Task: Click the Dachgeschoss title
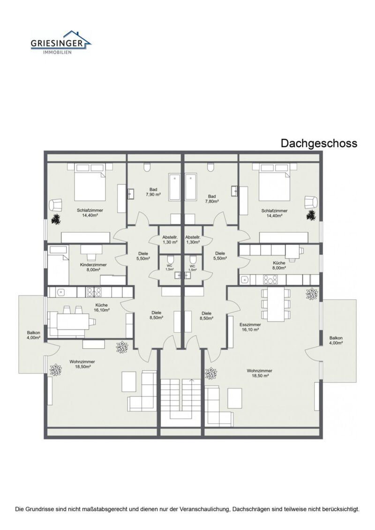pyautogui.click(x=319, y=143)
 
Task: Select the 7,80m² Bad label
pyautogui.click(x=212, y=198)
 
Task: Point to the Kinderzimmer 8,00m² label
pyautogui.click(x=93, y=267)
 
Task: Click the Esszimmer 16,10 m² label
pyautogui.click(x=250, y=326)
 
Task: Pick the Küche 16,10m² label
pyautogui.click(x=101, y=307)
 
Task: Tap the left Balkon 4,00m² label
pyautogui.click(x=33, y=335)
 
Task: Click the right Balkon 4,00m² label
pyautogui.click(x=336, y=340)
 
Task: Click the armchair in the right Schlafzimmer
pyautogui.click(x=311, y=202)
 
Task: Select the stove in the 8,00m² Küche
pyautogui.click(x=270, y=280)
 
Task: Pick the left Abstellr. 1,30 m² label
pyautogui.click(x=170, y=240)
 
